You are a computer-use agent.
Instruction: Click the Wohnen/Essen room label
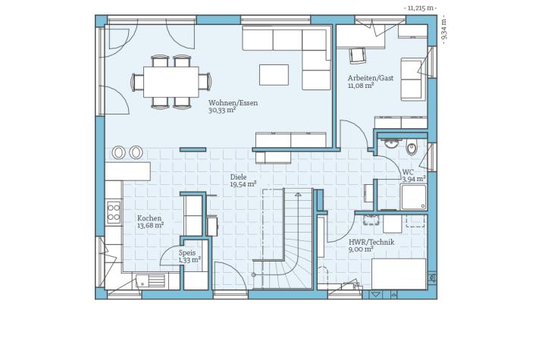pyautogui.click(x=233, y=102)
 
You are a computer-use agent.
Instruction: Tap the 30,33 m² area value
pyautogui.click(x=222, y=110)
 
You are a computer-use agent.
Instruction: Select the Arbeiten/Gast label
pyautogui.click(x=371, y=78)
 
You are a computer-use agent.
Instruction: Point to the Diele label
pyautogui.click(x=239, y=177)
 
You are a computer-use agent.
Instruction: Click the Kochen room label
pyautogui.click(x=149, y=218)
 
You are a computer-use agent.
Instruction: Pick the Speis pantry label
pyautogui.click(x=187, y=253)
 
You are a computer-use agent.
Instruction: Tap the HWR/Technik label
pyautogui.click(x=371, y=242)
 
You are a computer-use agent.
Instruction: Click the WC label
pyautogui.click(x=408, y=172)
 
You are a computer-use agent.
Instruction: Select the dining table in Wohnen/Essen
pyautogui.click(x=171, y=82)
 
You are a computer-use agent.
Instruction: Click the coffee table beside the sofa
pyautogui.click(x=274, y=74)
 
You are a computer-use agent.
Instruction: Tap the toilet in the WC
pyautogui.click(x=412, y=148)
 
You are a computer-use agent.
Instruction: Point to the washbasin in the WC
pyautogui.click(x=391, y=143)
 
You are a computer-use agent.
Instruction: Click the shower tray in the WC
pyautogui.click(x=413, y=197)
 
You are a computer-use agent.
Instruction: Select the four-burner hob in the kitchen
pyautogui.click(x=114, y=212)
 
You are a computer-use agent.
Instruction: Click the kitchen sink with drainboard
pyautogui.click(x=150, y=280)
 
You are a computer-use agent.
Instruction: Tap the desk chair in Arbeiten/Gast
pyautogui.click(x=357, y=55)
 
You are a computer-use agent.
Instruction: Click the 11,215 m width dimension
pyautogui.click(x=420, y=8)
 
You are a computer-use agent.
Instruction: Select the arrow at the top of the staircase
pyautogui.click(x=298, y=195)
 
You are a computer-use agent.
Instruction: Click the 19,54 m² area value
pyautogui.click(x=243, y=184)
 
